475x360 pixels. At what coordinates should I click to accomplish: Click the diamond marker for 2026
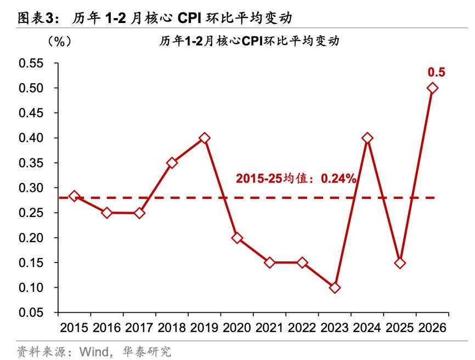432,88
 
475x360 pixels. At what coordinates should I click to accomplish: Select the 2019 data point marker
205,138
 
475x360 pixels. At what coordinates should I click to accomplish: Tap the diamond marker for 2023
335,288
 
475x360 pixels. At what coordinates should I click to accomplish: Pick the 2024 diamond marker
367,138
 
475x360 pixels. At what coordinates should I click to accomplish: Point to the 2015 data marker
74,196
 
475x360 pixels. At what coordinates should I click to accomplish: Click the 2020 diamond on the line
237,238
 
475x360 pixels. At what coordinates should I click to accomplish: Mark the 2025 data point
400,263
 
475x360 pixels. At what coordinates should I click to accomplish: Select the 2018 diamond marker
172,163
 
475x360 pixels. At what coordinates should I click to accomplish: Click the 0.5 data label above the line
436,72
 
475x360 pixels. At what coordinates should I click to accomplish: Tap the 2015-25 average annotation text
297,178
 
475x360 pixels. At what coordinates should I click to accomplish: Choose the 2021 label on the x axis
270,328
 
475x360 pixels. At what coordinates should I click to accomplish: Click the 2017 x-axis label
140,328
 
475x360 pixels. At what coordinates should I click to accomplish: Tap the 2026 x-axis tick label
433,328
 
